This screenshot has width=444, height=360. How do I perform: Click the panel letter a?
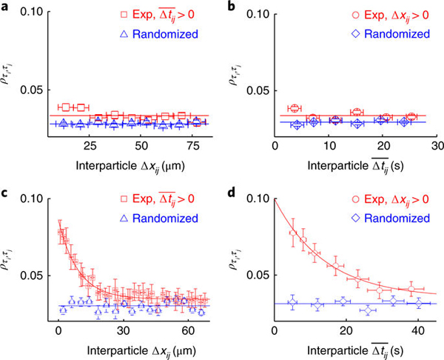(x=5, y=9)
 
